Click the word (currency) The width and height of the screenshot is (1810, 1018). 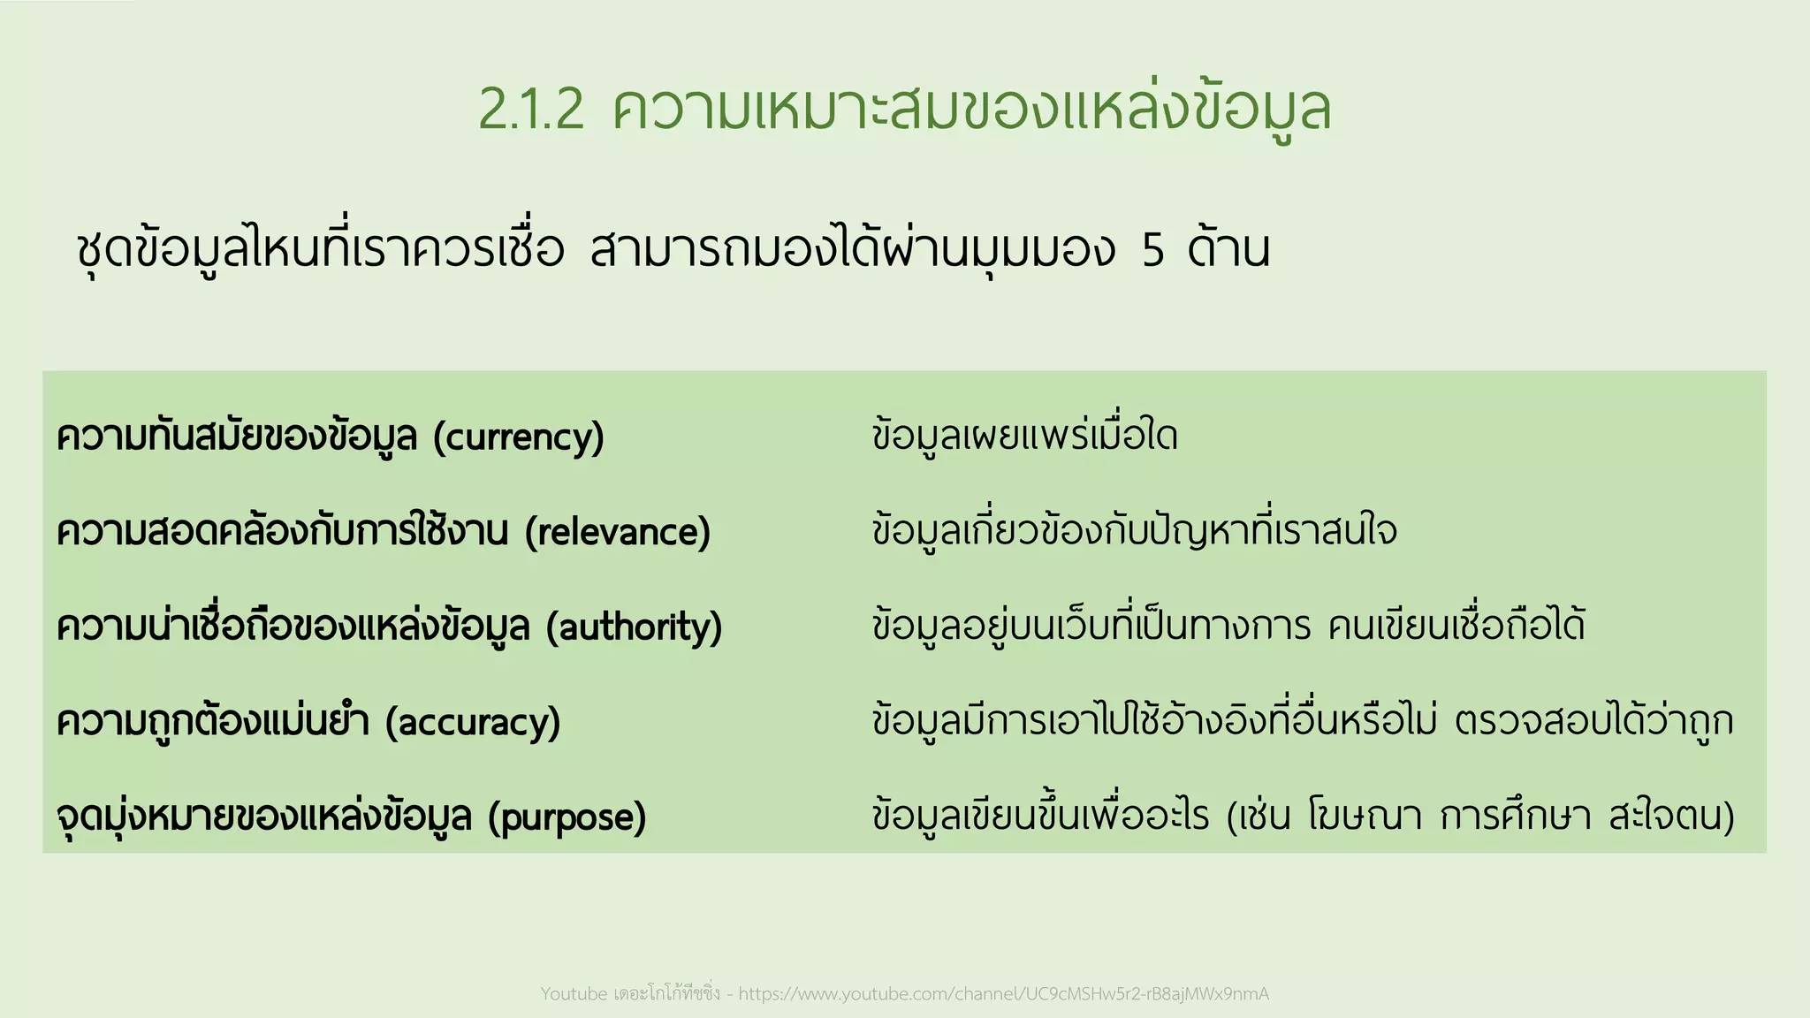(519, 437)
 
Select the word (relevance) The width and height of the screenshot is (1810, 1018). (618, 532)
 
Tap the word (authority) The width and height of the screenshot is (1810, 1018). (635, 627)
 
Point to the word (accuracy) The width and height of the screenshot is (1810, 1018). (473, 722)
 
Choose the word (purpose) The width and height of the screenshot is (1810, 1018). (567, 817)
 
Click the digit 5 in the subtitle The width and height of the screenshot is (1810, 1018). (1152, 251)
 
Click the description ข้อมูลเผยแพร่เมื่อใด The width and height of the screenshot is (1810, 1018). (1024, 437)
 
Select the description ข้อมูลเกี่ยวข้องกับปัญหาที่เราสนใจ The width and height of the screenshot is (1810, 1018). (1134, 531)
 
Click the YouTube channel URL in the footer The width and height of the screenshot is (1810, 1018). (1003, 994)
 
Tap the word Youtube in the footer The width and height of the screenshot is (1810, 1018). (574, 994)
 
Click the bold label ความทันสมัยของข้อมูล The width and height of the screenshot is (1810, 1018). (236, 437)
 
